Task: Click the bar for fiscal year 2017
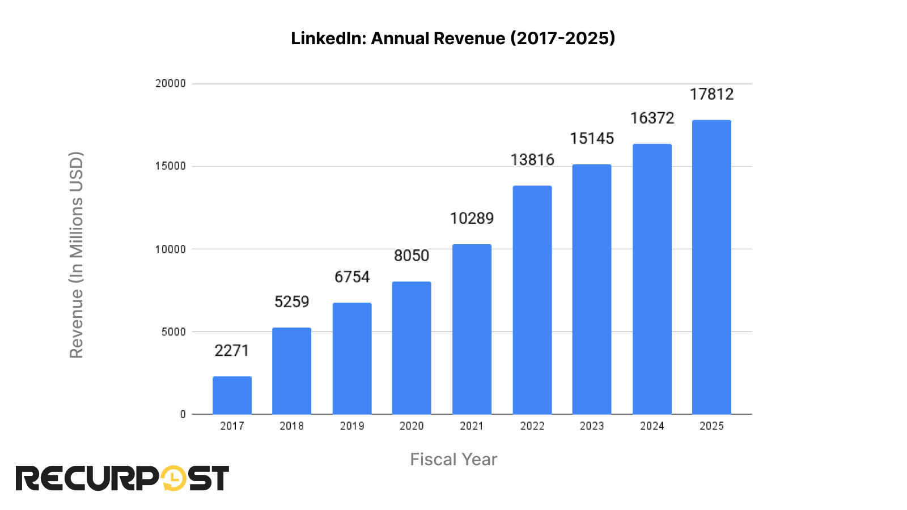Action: click(x=232, y=395)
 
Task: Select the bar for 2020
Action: click(x=412, y=347)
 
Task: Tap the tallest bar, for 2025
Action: click(x=711, y=267)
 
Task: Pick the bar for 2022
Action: click(x=532, y=300)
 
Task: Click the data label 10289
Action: click(x=472, y=218)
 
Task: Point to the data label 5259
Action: click(x=291, y=301)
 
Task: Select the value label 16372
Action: click(x=652, y=118)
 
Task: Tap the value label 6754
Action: click(x=351, y=277)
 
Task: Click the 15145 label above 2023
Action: click(x=592, y=138)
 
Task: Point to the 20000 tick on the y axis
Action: click(x=171, y=83)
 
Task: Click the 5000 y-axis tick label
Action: click(x=173, y=331)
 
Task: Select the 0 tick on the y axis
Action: click(x=183, y=414)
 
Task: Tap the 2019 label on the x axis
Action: click(x=351, y=426)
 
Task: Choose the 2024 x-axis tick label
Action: click(x=652, y=426)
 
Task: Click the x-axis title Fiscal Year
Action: click(x=453, y=459)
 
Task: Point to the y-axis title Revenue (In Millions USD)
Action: click(x=77, y=255)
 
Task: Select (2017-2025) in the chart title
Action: click(x=562, y=38)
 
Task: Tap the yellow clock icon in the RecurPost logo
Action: click(x=173, y=478)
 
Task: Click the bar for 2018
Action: click(x=291, y=371)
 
